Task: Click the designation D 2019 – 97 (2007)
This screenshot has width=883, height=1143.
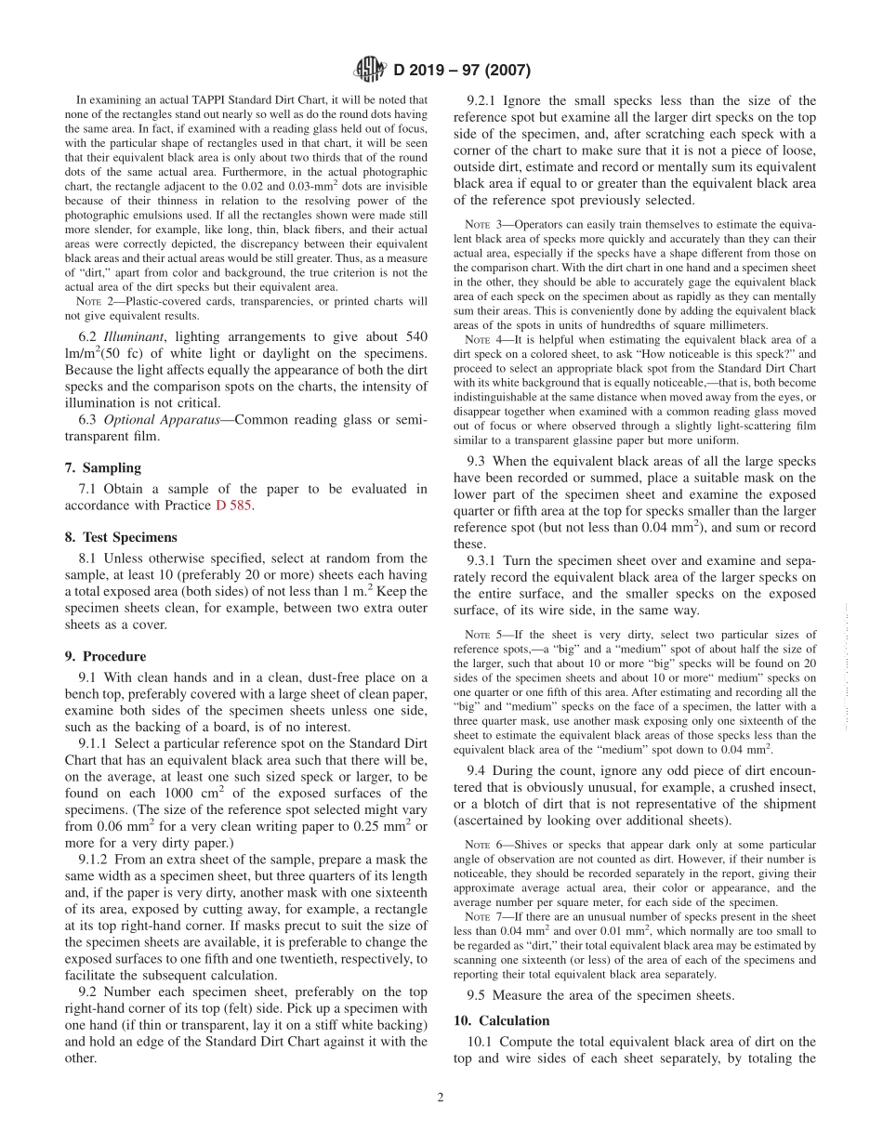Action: (x=462, y=69)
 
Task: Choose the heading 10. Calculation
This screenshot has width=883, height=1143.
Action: (x=501, y=1020)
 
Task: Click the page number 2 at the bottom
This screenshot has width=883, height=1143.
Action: (x=441, y=1097)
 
